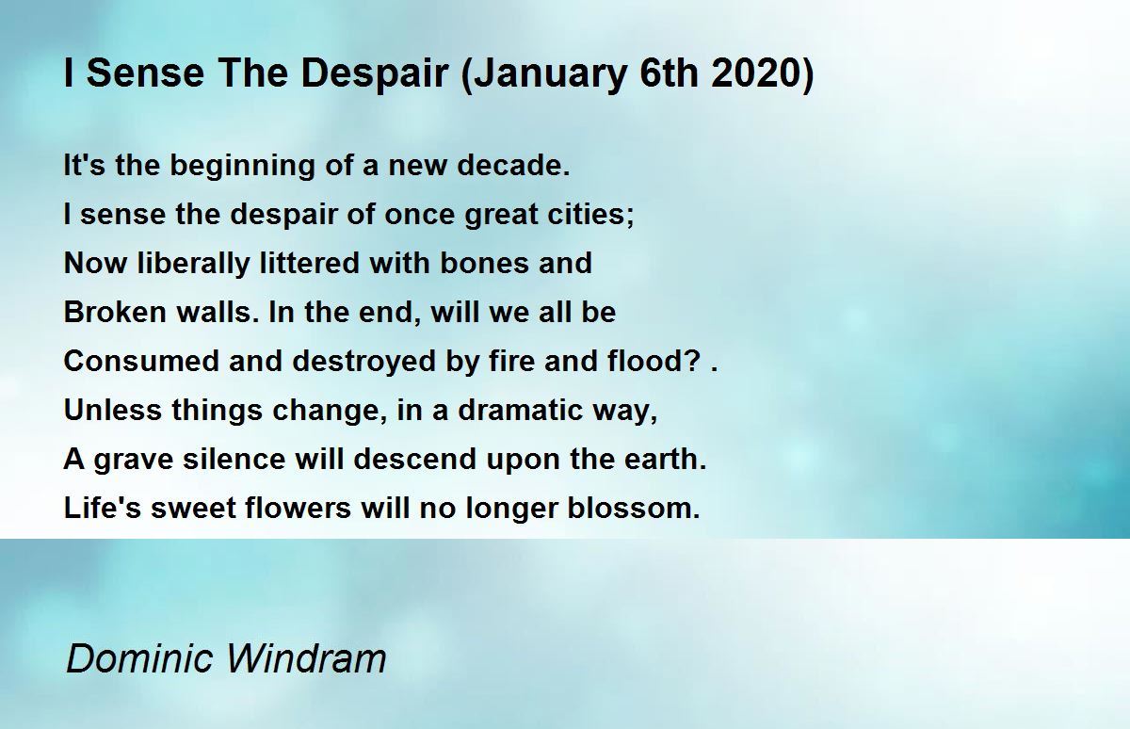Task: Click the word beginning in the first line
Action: coord(242,167)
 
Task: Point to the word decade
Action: coord(513,165)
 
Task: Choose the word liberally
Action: coord(193,265)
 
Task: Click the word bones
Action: coord(484,263)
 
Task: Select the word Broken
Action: coord(115,312)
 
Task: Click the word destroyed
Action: coord(363,363)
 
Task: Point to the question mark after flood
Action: coord(694,361)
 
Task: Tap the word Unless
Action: coord(112,410)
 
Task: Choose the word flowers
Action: coord(298,508)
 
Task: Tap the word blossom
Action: coord(634,508)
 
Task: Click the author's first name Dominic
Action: coord(139,659)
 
